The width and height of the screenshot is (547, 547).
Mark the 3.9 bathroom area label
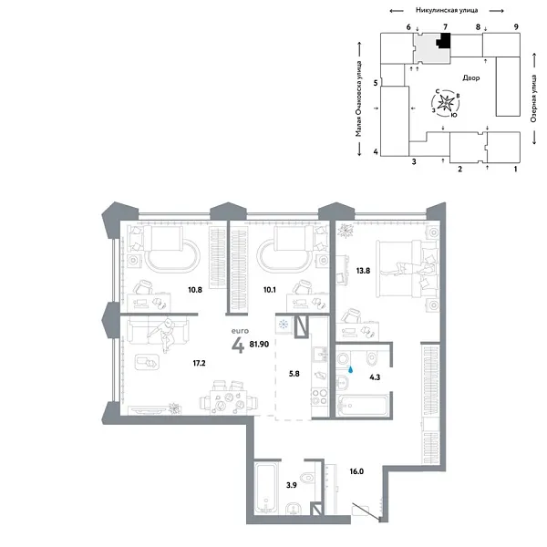[x=292, y=486]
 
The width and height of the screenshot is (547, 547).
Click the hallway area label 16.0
[x=356, y=473]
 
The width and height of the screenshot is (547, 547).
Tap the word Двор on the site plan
[x=471, y=78]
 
